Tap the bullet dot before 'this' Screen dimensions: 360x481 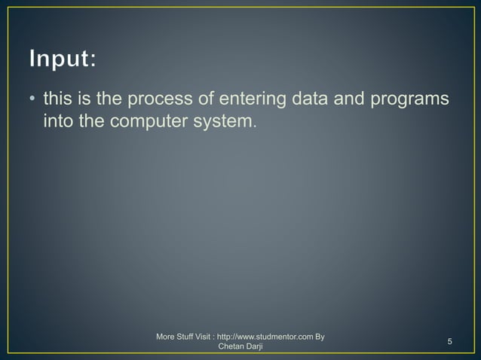[x=32, y=99]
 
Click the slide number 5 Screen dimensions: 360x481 [x=449, y=343]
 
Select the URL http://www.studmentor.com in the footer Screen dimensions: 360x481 [x=264, y=336]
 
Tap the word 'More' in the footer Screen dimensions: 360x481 [x=166, y=336]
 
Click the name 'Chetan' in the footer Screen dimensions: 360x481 [x=231, y=347]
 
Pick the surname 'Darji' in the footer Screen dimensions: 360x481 [x=254, y=347]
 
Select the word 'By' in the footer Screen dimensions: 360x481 [x=320, y=336]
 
